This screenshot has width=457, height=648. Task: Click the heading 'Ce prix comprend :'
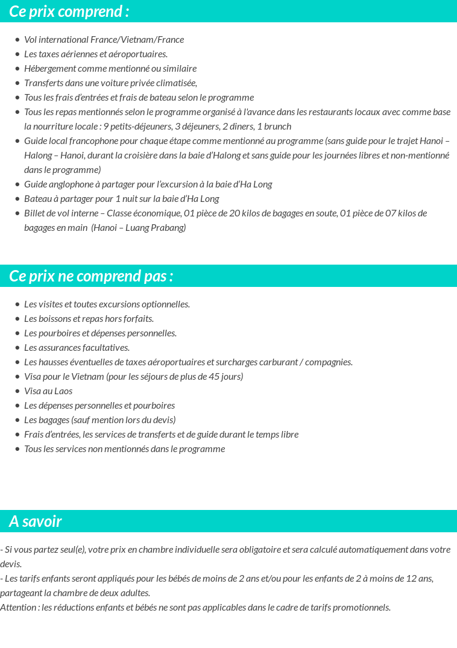tap(69, 11)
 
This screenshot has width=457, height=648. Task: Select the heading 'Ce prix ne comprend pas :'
tap(91, 276)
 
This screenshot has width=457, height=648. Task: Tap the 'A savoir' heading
tap(36, 521)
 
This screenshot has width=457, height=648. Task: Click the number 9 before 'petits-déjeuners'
tap(106, 127)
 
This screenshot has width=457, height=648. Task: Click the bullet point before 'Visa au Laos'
tap(17, 391)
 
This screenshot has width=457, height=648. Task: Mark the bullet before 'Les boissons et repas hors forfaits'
tap(17, 319)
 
